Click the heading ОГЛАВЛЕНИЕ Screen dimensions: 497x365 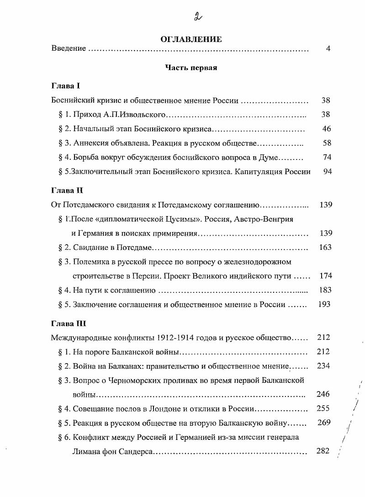[191, 39]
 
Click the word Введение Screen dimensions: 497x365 [69, 48]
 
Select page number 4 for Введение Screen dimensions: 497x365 [328, 48]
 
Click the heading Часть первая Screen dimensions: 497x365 [191, 68]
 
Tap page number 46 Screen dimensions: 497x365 [326, 129]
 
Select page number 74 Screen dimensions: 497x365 [326, 158]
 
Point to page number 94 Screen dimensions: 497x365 [326, 172]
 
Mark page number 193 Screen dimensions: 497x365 [324, 304]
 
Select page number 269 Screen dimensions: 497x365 [323, 423]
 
